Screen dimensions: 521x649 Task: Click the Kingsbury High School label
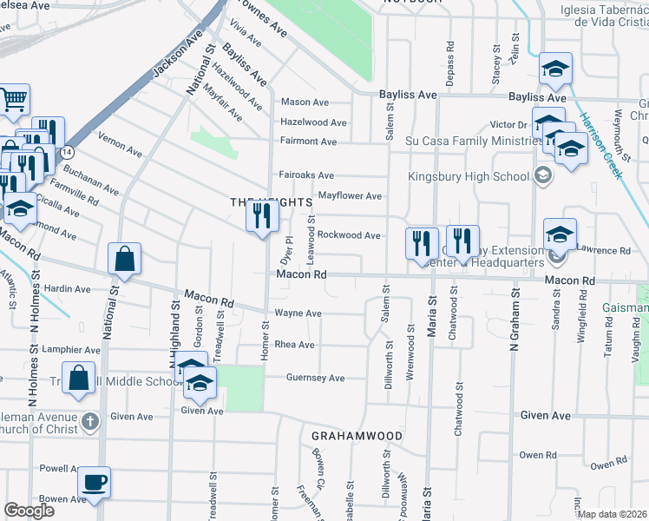469,177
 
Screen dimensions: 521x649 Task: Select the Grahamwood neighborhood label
357,436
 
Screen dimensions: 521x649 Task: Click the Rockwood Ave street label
349,235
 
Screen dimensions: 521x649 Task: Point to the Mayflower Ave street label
351,196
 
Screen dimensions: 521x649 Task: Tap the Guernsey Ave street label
316,378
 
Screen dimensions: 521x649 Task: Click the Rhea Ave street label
294,345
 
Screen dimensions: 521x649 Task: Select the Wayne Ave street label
298,313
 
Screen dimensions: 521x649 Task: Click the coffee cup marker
94,482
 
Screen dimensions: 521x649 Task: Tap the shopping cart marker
14,99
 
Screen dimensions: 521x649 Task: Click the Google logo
29,511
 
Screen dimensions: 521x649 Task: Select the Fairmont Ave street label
308,142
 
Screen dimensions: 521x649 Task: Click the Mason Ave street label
304,102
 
